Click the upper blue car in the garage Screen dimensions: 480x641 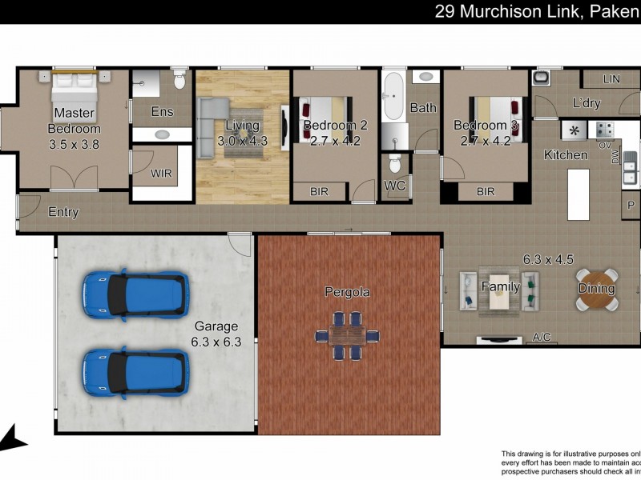click(x=136, y=295)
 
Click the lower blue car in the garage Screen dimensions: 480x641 click(x=136, y=373)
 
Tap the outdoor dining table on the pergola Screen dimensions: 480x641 click(x=348, y=335)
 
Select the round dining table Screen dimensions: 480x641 click(x=597, y=289)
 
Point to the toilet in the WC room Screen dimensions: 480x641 click(x=393, y=164)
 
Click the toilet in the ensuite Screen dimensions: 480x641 click(x=179, y=81)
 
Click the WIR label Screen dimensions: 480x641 click(x=161, y=173)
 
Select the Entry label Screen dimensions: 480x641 click(x=63, y=212)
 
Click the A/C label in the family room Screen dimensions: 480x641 click(x=542, y=338)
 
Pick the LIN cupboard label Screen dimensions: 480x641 click(x=611, y=79)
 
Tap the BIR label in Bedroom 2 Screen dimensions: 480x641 click(x=319, y=192)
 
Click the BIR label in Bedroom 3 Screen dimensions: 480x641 click(x=485, y=192)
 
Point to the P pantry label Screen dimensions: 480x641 click(x=630, y=204)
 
